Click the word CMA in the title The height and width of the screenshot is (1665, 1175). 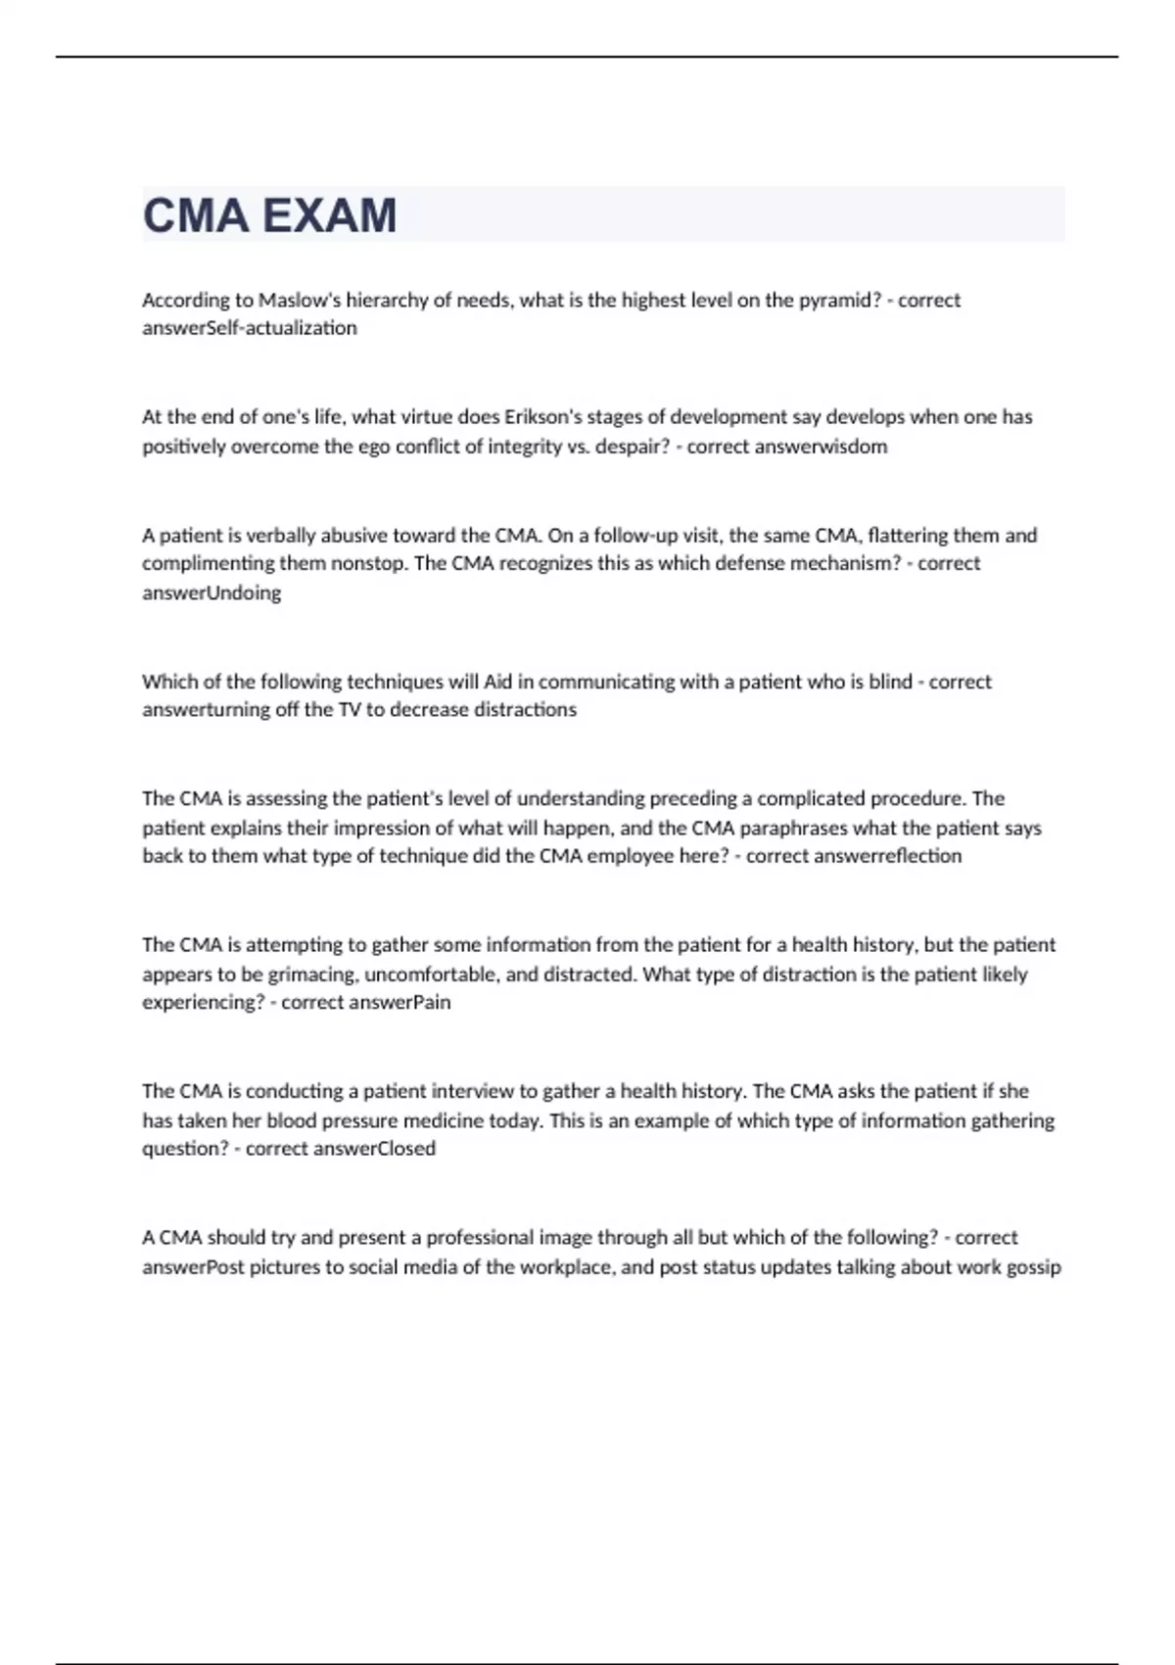tap(195, 215)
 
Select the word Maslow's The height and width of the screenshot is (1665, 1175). tap(300, 300)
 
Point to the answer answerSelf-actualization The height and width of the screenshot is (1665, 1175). tap(250, 328)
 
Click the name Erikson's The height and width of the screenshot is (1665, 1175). tap(543, 417)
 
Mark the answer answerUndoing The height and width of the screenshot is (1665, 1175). tap(211, 593)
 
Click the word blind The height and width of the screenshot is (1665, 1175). tap(890, 682)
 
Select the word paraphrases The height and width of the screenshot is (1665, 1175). tap(793, 828)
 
